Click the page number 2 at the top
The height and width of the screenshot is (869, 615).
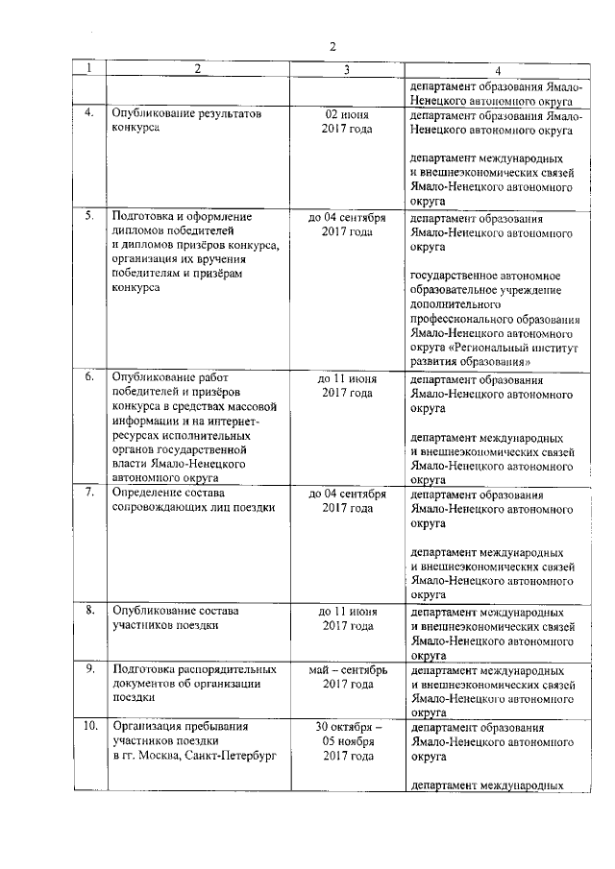[x=332, y=46]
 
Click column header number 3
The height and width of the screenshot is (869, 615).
[x=347, y=70]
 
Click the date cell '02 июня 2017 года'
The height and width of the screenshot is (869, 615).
[x=347, y=120]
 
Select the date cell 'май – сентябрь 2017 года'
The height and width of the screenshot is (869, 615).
[x=347, y=676]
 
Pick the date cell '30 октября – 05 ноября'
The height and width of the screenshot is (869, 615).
[x=347, y=734]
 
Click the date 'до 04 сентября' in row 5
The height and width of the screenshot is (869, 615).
[x=347, y=217]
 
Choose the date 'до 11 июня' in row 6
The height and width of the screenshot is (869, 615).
[x=347, y=378]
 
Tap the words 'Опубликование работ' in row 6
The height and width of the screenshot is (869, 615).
[x=168, y=378]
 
